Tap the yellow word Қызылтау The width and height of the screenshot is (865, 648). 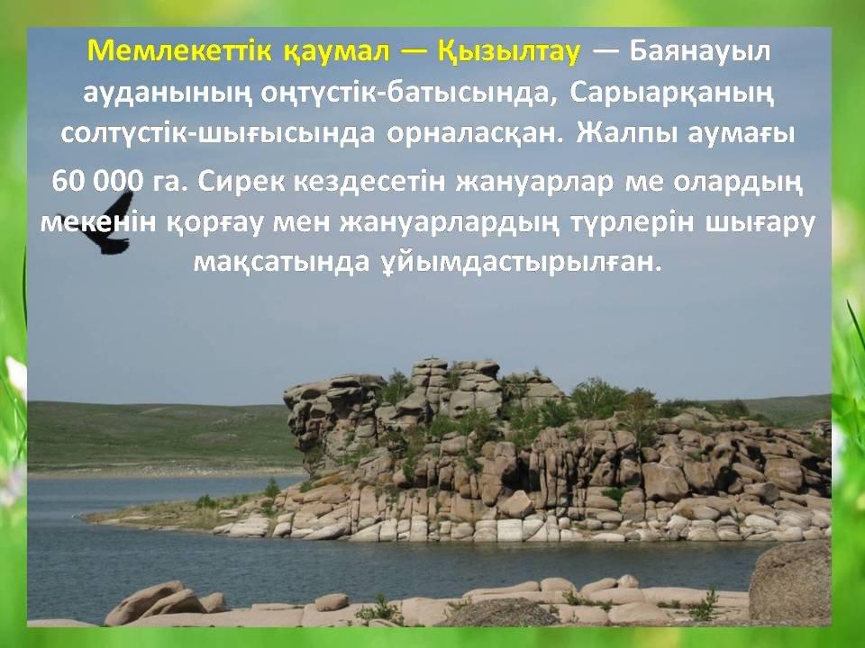point(509,52)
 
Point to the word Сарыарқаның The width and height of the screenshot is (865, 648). point(672,94)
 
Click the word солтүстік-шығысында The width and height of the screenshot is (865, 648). point(218,134)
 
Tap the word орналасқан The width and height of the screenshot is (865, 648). point(475,134)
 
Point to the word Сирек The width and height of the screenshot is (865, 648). point(241,182)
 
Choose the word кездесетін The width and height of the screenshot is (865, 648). point(369,182)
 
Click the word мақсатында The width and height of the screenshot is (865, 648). point(281,263)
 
